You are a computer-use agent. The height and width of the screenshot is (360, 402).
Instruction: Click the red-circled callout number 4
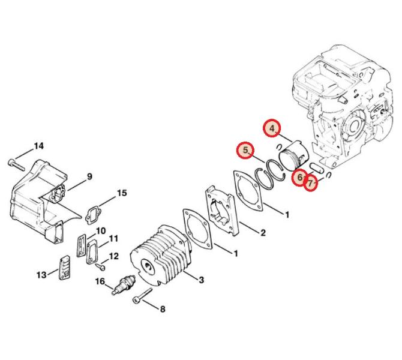[x=272, y=128]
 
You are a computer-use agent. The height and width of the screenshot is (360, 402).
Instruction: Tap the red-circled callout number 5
[x=245, y=151]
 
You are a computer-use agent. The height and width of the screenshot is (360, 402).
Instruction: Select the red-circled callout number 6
[x=299, y=178]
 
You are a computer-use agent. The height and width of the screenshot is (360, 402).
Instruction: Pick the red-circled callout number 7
[x=310, y=184]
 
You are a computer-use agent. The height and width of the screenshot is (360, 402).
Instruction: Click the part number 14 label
[x=39, y=146]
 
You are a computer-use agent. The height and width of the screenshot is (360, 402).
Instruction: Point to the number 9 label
[x=89, y=176]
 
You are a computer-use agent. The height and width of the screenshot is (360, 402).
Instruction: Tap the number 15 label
[x=122, y=193]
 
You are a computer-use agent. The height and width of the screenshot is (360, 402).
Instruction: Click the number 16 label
[x=100, y=281]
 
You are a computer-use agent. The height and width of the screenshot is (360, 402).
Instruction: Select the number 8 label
[x=163, y=309]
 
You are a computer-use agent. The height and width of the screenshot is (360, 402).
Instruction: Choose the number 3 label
[x=202, y=280]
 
